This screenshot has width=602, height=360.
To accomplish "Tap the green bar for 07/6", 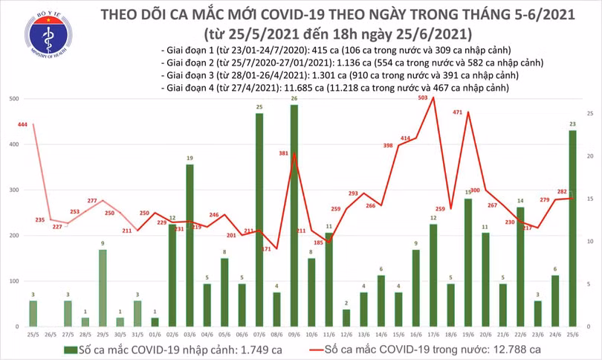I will click(259, 220).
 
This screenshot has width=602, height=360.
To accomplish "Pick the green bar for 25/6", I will click(572, 228).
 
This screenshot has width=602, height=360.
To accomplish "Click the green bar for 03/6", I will click(190, 245).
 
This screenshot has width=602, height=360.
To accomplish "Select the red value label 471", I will click(458, 113).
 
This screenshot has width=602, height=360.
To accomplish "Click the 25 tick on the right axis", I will click(589, 114).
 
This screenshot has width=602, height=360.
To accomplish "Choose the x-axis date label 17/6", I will click(433, 335).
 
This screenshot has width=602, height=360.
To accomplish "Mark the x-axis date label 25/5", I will click(33, 335).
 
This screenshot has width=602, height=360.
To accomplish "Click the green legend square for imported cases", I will click(69, 350).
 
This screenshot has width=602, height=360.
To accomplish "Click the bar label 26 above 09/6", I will click(294, 98).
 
